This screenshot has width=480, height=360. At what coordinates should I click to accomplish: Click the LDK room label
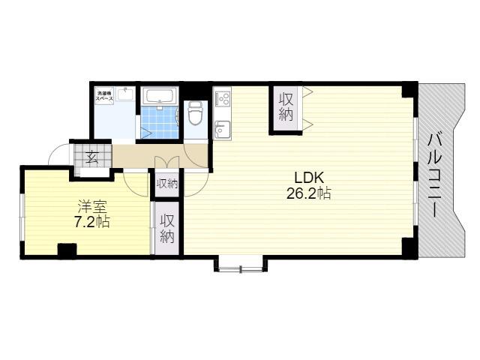click(309, 178)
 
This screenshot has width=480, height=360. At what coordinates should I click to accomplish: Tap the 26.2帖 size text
click(308, 193)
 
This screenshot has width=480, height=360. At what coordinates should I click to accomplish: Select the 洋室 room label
click(92, 206)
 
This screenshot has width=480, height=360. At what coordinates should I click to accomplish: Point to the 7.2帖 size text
click(92, 221)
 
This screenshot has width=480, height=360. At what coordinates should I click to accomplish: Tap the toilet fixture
click(194, 113)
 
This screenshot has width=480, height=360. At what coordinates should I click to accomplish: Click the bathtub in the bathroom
click(160, 96)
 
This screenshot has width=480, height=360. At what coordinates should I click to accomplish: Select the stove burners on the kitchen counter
click(223, 98)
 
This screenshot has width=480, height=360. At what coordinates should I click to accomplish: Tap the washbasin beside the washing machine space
click(125, 94)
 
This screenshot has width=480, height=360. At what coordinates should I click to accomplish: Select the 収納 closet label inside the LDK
click(286, 107)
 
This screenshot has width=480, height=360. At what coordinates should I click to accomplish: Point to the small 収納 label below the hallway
click(166, 184)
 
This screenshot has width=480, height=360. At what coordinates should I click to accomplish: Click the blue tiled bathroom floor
click(159, 122)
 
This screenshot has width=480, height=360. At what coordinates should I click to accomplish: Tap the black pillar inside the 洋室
click(67, 250)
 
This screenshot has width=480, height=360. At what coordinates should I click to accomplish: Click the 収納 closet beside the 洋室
click(166, 228)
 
